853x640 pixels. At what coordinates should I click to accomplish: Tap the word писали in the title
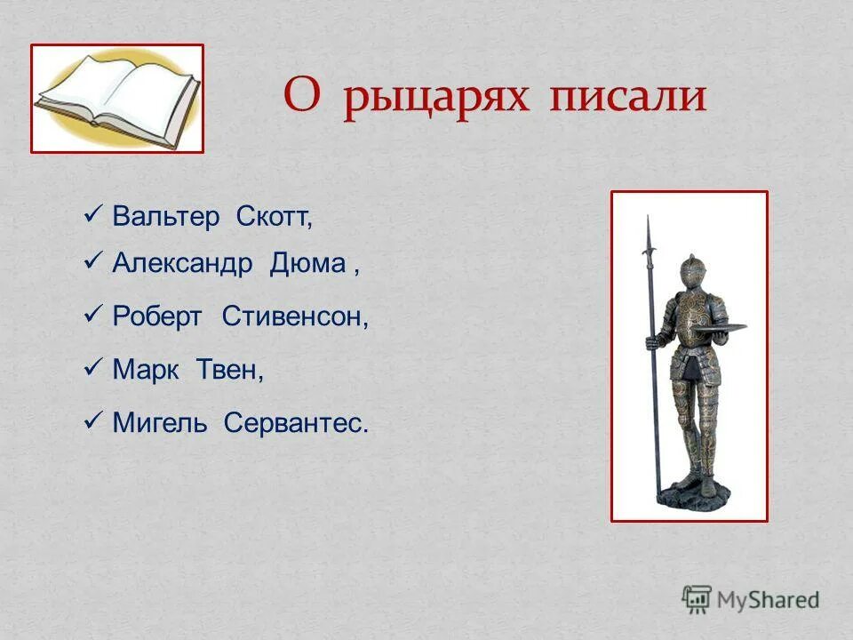(627, 97)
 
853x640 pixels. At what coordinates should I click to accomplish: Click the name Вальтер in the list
(165, 218)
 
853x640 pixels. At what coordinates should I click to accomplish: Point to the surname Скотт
(275, 218)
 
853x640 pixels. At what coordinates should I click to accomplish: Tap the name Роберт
(157, 317)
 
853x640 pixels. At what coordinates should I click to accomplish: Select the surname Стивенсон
(295, 317)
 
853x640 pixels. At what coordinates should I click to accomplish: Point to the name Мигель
(160, 423)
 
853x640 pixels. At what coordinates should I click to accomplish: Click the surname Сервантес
(295, 423)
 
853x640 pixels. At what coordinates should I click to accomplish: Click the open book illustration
(117, 99)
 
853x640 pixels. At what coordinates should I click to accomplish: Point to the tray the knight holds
(722, 326)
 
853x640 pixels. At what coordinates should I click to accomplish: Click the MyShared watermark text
(769, 600)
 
